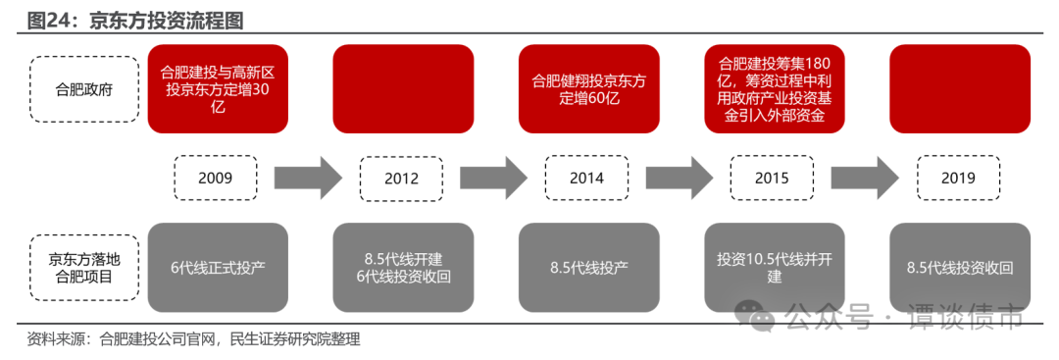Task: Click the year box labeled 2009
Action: click(215, 178)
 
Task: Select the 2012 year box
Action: click(402, 179)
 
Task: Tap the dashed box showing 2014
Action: click(586, 179)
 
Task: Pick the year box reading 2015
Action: click(772, 179)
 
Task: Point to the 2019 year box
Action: click(958, 178)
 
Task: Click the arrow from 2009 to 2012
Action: click(308, 178)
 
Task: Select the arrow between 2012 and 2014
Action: click(494, 178)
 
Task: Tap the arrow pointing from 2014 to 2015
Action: click(679, 178)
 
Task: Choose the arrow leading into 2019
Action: click(865, 178)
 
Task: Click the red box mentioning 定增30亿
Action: click(218, 88)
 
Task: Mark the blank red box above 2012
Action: click(403, 88)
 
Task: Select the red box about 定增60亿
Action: click(588, 88)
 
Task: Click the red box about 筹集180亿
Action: click(775, 88)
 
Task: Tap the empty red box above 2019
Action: click(959, 88)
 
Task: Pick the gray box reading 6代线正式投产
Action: click(218, 268)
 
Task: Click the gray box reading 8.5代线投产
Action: click(588, 268)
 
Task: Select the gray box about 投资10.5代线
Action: click(775, 268)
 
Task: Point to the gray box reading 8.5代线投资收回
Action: click(959, 268)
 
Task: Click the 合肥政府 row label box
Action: click(84, 88)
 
